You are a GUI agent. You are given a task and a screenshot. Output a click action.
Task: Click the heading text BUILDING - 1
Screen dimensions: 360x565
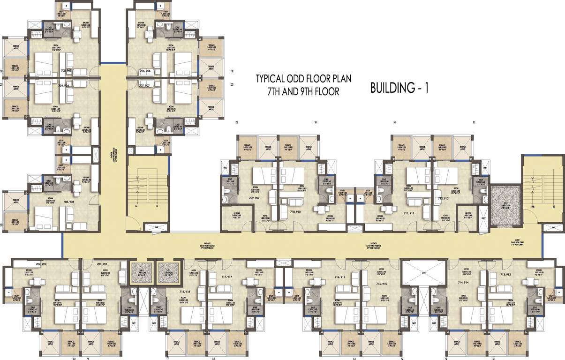[x=400, y=87]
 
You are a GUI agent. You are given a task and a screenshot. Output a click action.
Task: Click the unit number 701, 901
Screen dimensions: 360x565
[x=102, y=264]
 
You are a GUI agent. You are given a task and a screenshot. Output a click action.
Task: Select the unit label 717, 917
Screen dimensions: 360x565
[x=227, y=277]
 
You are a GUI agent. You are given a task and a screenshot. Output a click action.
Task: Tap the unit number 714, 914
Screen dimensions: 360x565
[x=463, y=283]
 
